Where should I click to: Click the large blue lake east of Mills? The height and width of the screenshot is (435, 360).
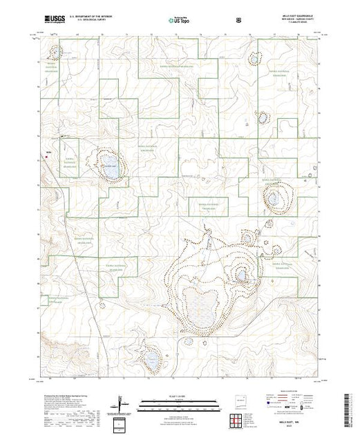coord(111,170)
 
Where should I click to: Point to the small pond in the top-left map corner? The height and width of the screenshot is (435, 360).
coord(56,49)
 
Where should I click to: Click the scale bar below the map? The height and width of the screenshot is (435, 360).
coord(180,403)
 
